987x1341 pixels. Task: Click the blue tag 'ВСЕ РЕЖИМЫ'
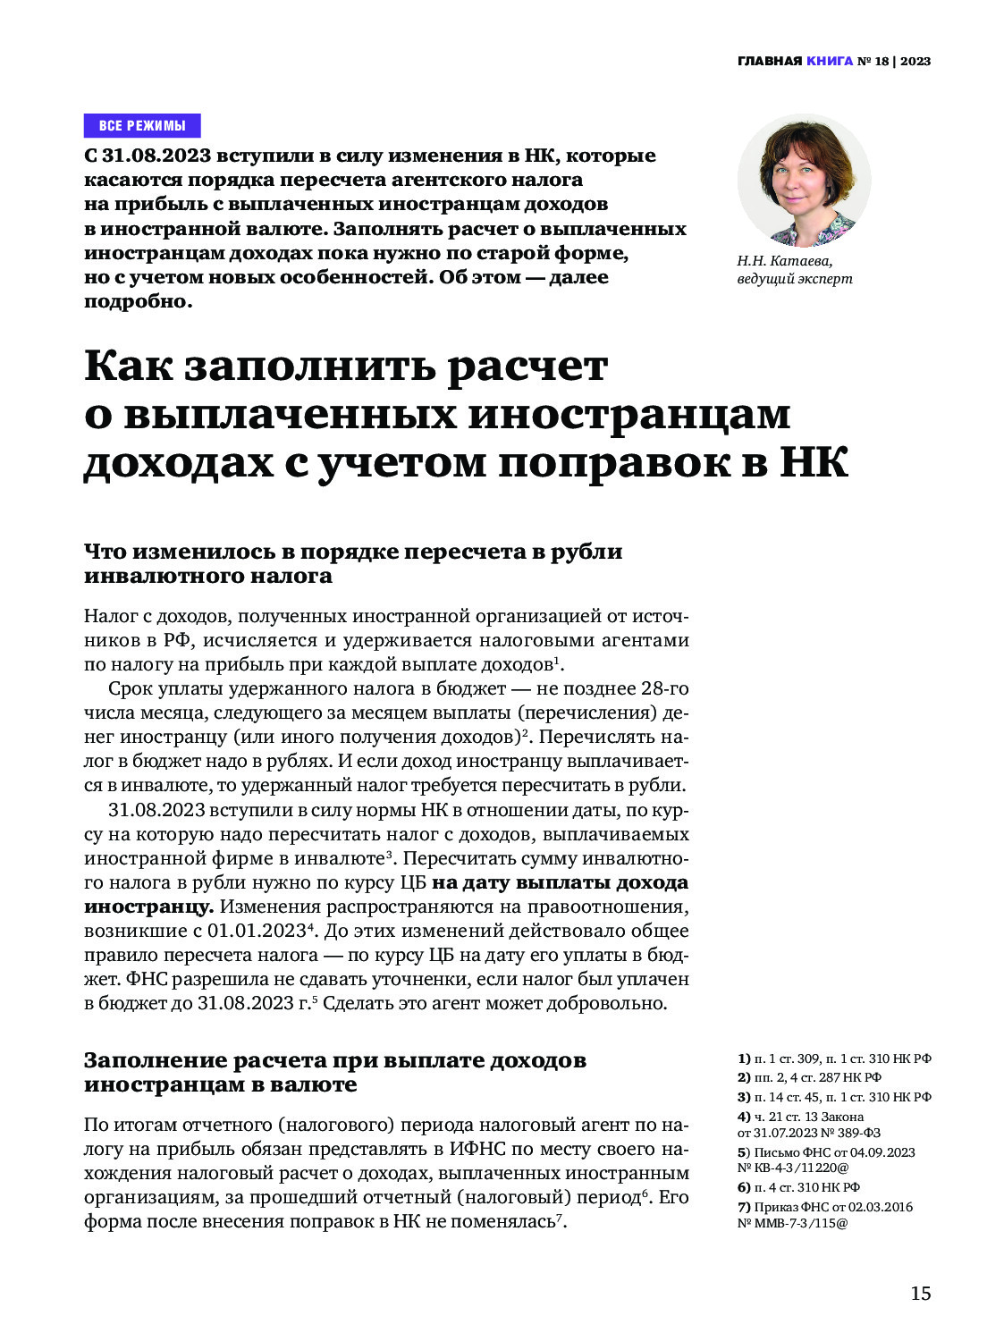click(x=142, y=125)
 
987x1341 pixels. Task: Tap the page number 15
click(x=920, y=1294)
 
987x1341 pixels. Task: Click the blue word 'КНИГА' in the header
click(x=830, y=62)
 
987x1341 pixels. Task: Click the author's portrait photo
click(x=804, y=180)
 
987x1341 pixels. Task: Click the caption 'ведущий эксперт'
click(x=794, y=279)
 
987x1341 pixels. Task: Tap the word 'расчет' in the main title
click(x=527, y=367)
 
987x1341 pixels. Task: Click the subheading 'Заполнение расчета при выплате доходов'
click(x=335, y=1060)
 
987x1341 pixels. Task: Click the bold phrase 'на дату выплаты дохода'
click(x=560, y=882)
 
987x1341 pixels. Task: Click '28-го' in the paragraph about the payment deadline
click(x=665, y=688)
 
